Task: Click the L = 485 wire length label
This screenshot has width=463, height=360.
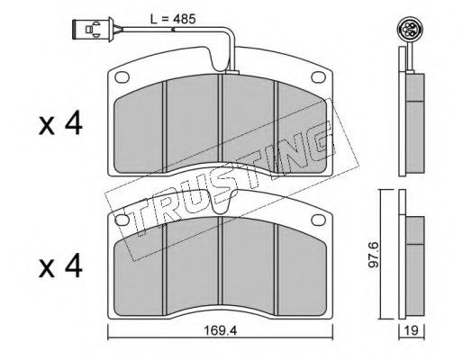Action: (x=173, y=19)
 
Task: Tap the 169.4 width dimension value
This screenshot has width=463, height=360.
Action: (x=220, y=331)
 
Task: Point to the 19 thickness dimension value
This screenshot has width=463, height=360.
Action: (x=411, y=331)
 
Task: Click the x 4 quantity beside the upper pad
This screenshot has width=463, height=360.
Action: (x=60, y=123)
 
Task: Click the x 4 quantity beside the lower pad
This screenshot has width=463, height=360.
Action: (x=60, y=265)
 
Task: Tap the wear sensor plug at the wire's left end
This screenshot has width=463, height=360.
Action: (x=94, y=30)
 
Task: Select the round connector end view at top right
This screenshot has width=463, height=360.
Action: (x=407, y=29)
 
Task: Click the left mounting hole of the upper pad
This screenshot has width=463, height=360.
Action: (x=122, y=77)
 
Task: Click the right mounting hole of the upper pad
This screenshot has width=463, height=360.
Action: (x=319, y=76)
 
